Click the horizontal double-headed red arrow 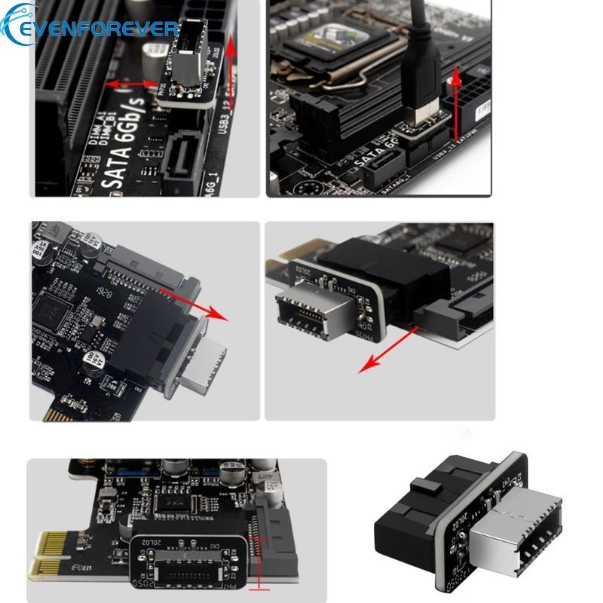[132, 82]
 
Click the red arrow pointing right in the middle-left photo [204, 305]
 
